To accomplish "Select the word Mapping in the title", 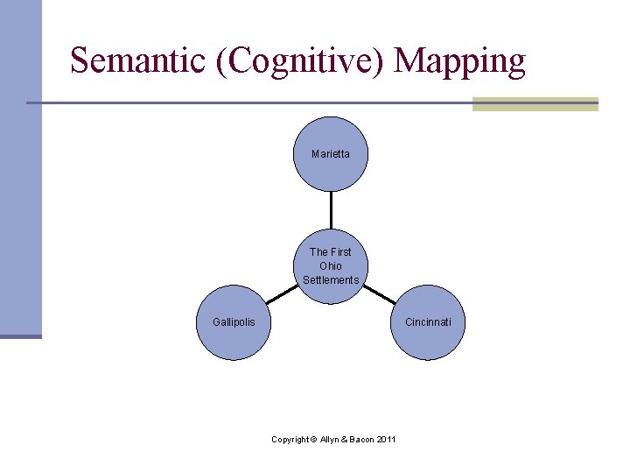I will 459,61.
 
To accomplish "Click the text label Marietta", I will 331,154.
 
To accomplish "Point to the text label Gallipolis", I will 234,322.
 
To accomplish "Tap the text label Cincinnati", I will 428,322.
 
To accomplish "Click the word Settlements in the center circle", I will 331,280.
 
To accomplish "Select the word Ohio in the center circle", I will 331,266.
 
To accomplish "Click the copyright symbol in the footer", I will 313,439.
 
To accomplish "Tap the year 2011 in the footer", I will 386,439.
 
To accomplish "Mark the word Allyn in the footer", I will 332,439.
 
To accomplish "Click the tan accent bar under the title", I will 535,104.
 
